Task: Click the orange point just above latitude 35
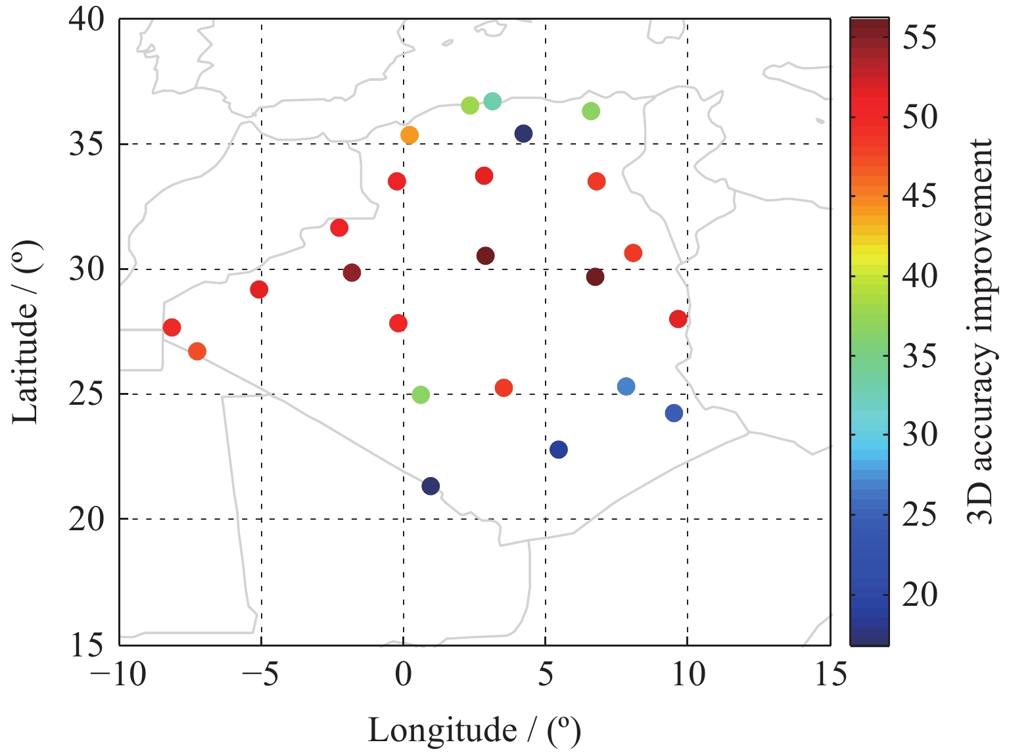[x=409, y=135]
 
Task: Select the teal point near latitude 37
[x=492, y=101]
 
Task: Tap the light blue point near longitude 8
[x=626, y=386]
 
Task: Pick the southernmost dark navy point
[x=431, y=486]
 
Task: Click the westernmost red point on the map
[x=172, y=327]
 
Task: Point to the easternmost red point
[x=678, y=319]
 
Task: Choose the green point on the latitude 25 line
[x=421, y=395]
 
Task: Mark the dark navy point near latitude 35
[x=523, y=134]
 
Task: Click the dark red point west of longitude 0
[x=352, y=273]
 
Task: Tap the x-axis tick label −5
[x=261, y=675]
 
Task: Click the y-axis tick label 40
[x=87, y=20]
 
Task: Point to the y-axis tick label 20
[x=87, y=520]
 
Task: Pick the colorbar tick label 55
[x=920, y=39]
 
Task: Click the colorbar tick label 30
[x=920, y=434]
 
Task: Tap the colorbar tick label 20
[x=920, y=595]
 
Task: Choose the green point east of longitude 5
[x=591, y=112]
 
